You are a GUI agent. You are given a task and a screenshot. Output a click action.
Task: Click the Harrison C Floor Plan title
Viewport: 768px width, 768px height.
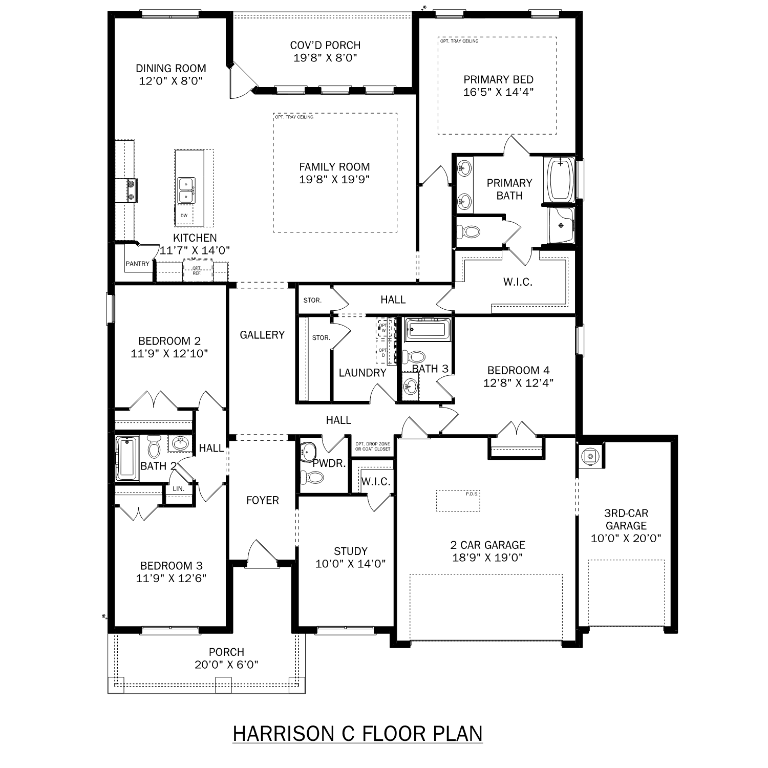click(357, 733)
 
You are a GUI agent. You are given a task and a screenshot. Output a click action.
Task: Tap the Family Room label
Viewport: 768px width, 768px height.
click(334, 167)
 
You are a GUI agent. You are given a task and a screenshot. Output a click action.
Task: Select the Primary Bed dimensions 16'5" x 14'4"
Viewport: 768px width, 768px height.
click(498, 92)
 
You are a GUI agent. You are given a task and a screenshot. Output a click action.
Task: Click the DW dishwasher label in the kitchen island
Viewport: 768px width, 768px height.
click(184, 216)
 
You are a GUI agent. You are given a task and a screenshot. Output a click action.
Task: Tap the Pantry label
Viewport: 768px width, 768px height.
click(137, 264)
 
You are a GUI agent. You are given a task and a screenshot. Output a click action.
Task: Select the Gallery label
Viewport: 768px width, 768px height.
click(262, 335)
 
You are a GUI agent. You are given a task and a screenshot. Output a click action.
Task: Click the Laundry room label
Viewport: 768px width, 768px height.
click(362, 373)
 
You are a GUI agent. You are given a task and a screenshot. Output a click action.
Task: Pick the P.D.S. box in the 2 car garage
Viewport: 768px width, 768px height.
click(458, 500)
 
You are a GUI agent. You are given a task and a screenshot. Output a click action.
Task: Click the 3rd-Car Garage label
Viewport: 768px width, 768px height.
click(626, 519)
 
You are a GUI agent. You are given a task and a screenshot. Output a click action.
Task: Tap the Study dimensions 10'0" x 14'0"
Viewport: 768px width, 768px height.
click(350, 564)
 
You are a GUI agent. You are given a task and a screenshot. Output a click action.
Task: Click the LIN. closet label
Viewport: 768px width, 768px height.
click(178, 489)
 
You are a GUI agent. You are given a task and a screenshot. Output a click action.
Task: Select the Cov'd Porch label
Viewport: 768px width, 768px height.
click(325, 45)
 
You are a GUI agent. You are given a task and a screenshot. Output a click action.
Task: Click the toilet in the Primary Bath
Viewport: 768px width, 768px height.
click(469, 232)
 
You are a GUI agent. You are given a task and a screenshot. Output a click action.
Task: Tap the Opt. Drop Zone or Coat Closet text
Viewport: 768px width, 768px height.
click(373, 446)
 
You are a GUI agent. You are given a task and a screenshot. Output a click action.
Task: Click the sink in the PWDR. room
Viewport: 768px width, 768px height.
click(309, 451)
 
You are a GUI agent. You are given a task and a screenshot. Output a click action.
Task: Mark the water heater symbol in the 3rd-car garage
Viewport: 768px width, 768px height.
click(590, 456)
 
